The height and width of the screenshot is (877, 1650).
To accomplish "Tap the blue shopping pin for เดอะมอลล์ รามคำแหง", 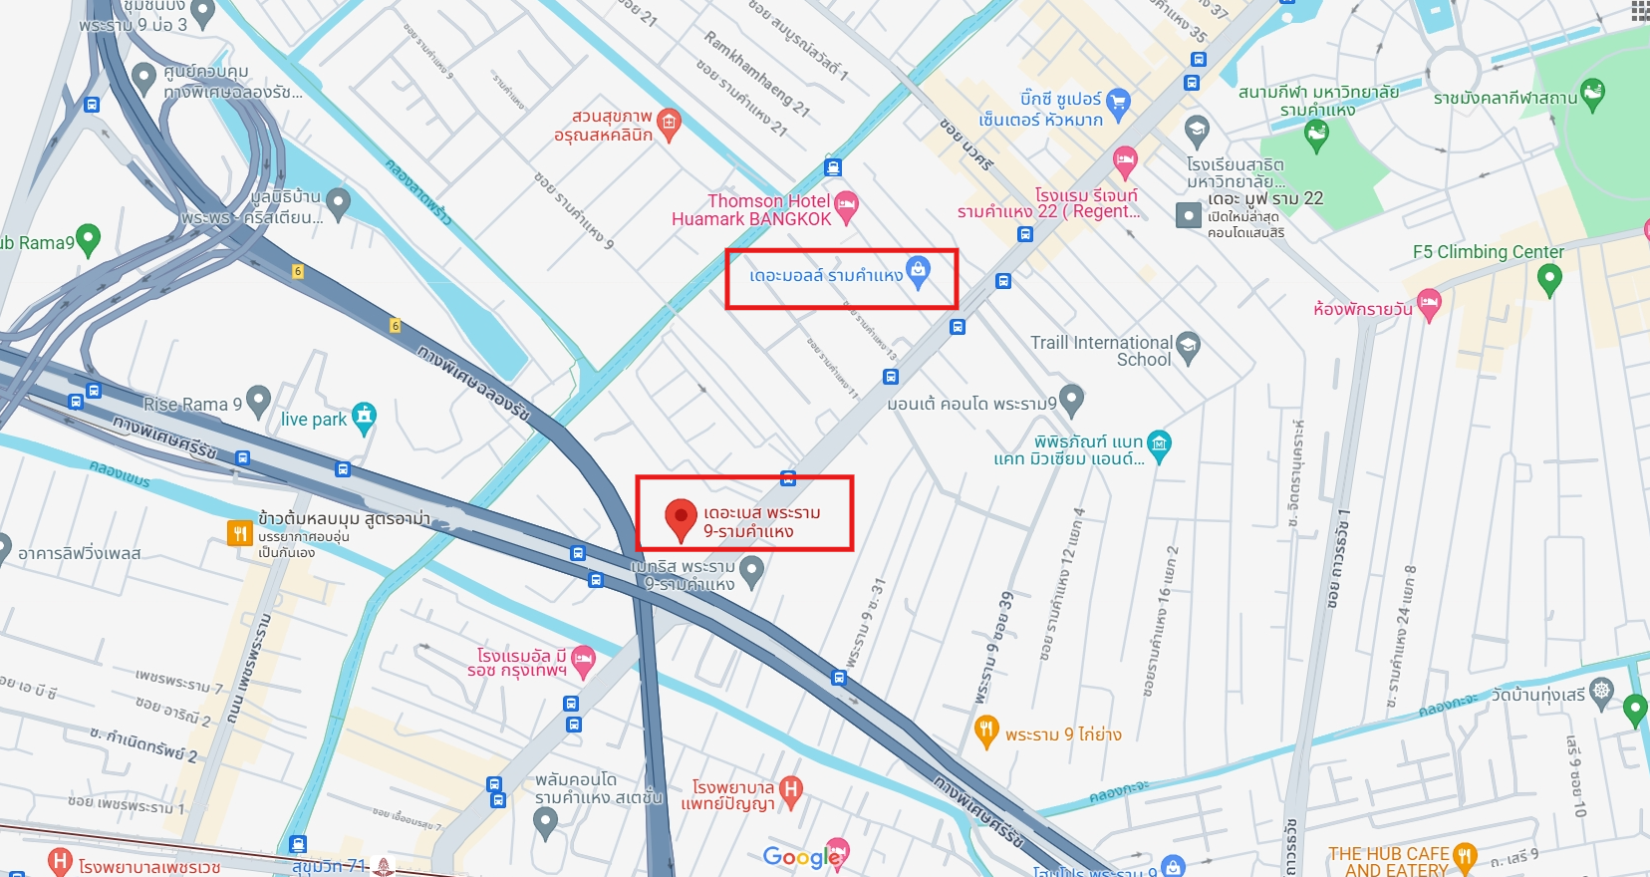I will click(x=918, y=270).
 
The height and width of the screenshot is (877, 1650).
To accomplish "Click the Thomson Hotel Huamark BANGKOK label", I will click(x=751, y=210).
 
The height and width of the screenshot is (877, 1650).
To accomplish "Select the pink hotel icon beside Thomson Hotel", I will click(x=846, y=205).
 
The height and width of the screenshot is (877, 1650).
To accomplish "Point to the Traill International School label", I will click(x=1102, y=351).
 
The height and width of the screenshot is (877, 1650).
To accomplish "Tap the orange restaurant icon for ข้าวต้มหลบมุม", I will click(x=239, y=533).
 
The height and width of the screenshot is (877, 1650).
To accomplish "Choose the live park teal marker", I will click(x=365, y=417).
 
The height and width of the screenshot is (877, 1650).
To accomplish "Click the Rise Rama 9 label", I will click(x=192, y=405).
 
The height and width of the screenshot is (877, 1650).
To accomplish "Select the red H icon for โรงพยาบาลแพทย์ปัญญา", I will click(x=790, y=790).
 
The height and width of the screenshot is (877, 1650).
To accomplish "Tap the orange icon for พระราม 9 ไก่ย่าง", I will click(x=985, y=731).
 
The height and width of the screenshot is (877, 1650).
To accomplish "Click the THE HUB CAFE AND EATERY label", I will click(x=1387, y=862).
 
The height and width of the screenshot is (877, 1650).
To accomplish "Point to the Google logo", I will click(x=801, y=857).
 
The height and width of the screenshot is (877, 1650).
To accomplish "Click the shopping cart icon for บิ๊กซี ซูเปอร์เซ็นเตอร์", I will click(x=1118, y=102).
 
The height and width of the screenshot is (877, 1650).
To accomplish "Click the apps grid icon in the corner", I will click(x=1640, y=10).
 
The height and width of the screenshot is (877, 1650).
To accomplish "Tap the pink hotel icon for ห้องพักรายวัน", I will click(x=1429, y=303).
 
